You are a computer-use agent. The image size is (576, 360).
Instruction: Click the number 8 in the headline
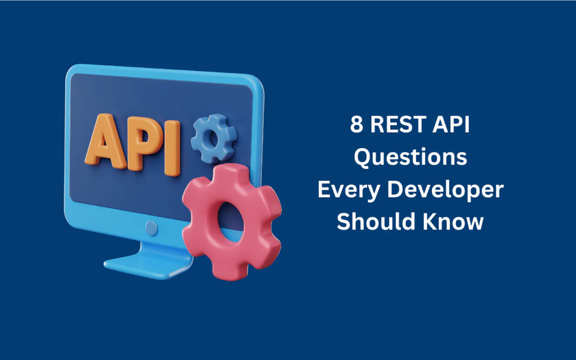[357, 124]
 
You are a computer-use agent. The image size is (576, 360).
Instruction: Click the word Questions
[410, 157]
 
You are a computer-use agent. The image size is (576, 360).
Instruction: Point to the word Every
[349, 190]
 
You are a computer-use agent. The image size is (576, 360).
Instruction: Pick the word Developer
[445, 190]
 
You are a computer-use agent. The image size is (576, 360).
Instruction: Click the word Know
[453, 221]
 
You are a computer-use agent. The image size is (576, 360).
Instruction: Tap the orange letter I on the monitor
[172, 148]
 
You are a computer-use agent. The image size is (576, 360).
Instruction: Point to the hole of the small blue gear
[213, 138]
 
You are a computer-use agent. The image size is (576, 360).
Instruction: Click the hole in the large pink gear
[229, 222]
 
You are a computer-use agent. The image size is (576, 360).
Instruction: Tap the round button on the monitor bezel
[151, 228]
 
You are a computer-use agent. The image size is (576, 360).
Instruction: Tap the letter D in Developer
[396, 190]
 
